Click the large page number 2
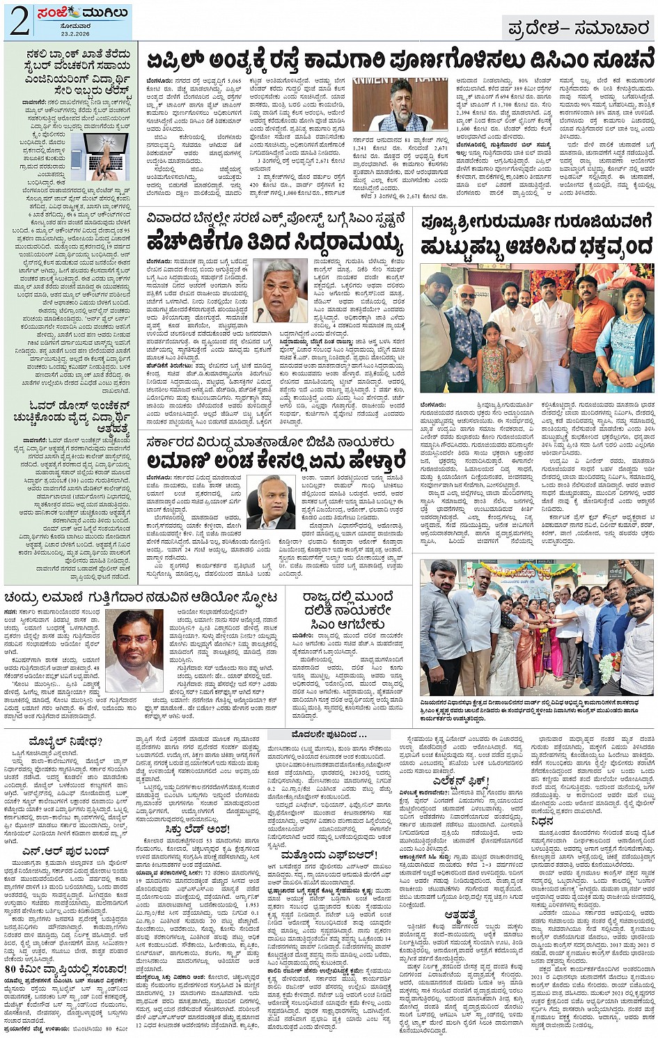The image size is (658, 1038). point(19,21)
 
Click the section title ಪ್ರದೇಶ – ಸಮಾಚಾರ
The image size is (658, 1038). point(579,27)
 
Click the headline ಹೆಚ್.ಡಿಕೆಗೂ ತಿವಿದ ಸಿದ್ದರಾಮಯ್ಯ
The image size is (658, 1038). point(275,244)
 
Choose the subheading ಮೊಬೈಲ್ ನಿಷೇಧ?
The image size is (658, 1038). point(65,742)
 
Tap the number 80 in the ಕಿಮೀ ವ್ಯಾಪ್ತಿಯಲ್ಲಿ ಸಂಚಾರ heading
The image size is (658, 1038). point(10,970)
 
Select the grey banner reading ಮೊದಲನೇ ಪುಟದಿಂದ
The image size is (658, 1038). point(329,735)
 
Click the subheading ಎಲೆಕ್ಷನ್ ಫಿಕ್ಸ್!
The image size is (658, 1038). point(461,780)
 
